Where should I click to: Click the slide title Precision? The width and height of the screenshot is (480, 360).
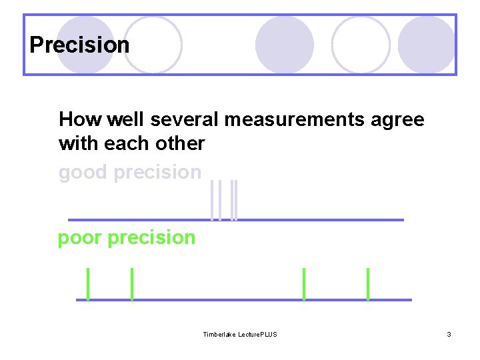coord(79,45)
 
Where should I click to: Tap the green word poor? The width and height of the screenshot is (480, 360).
coord(79,238)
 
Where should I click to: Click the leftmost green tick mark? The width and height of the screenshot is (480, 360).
coord(88,283)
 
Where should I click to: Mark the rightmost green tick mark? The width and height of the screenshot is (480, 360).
coord(367,283)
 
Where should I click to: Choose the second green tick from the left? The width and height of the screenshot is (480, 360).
coord(132,283)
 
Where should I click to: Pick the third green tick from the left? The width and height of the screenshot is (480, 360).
coord(304,283)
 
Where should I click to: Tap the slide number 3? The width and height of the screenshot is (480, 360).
coord(449,334)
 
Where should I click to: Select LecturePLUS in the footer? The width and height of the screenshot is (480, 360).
coord(259,334)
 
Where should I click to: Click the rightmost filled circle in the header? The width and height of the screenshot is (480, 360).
coord(427,45)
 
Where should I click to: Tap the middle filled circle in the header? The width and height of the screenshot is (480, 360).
coord(285,45)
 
